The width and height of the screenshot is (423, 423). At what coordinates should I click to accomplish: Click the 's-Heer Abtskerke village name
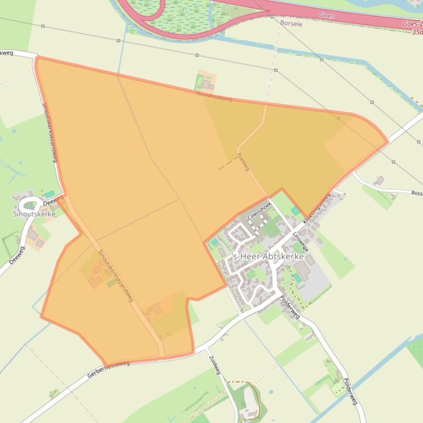[x=269, y=255]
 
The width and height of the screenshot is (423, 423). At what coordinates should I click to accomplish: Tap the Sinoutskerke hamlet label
[x=34, y=214]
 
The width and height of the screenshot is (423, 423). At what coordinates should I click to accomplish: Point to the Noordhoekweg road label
[x=214, y=96]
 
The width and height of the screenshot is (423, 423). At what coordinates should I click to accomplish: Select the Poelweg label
[x=244, y=162]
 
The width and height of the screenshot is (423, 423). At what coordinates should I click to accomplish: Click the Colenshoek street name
[x=259, y=210]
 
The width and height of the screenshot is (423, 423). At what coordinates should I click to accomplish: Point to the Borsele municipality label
[x=291, y=24]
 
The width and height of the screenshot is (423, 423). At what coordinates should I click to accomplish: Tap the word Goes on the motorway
[x=326, y=16]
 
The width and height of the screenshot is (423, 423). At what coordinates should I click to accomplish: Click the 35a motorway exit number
[x=417, y=32]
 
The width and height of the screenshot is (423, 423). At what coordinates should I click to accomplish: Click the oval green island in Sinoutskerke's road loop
[x=30, y=205]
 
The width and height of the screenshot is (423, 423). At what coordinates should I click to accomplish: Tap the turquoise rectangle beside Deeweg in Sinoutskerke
[x=49, y=194]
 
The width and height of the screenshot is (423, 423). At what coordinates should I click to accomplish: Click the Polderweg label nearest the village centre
[x=290, y=308]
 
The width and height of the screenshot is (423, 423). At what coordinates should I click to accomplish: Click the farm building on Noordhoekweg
[x=207, y=84]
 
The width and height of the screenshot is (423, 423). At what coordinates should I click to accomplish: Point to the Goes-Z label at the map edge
[x=412, y=24]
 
